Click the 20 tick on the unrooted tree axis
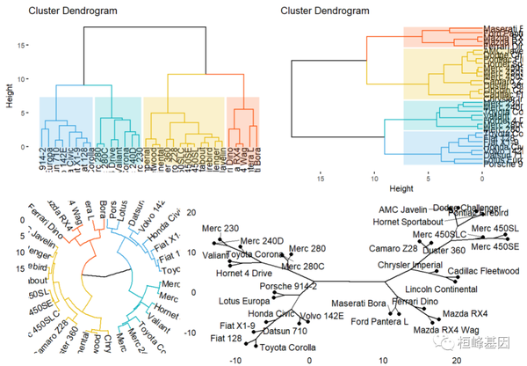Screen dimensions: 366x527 [x=456, y=359]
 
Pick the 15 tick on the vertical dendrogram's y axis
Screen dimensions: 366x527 [x=25, y=42]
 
